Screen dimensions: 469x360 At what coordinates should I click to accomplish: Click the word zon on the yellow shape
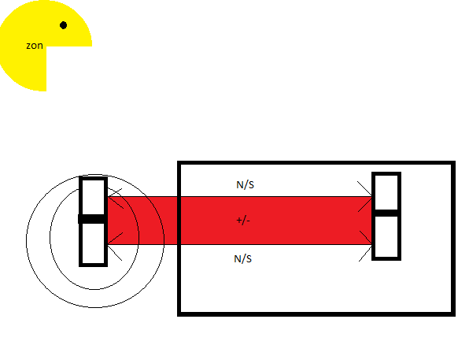(35, 46)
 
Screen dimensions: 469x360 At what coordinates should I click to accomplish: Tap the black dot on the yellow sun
(63, 25)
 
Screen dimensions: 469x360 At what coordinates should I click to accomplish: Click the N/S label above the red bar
(245, 184)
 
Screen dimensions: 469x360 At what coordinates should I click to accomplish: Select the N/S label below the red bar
(242, 258)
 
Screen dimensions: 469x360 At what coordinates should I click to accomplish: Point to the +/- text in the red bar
(243, 221)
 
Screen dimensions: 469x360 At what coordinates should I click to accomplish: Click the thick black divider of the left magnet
(92, 219)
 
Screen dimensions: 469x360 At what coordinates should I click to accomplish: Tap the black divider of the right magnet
(386, 213)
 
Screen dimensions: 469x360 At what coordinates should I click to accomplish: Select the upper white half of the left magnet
(93, 197)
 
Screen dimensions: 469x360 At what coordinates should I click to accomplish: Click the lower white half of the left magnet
(93, 243)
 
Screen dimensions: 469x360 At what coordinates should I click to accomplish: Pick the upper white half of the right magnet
(386, 192)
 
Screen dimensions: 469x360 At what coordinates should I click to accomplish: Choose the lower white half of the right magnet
(386, 236)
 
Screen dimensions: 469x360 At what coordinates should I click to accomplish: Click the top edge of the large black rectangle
(316, 162)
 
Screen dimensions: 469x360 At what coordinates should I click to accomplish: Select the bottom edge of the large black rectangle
(316, 314)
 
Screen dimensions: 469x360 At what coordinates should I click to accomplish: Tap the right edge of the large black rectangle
(453, 239)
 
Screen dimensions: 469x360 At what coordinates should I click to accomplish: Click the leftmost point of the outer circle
(27, 240)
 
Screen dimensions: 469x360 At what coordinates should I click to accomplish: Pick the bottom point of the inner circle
(94, 289)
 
